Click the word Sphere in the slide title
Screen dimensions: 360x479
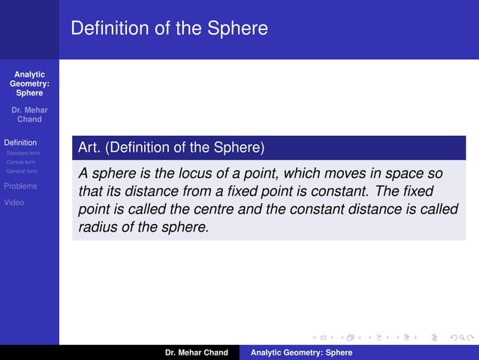(x=238, y=29)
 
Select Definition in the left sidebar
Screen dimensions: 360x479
(x=20, y=142)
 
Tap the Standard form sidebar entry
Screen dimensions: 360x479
(x=23, y=153)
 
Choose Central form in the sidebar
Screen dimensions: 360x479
(x=20, y=162)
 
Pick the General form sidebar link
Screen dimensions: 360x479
(x=21, y=171)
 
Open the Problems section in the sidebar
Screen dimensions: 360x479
(x=21, y=186)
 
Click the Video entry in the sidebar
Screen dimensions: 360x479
(x=14, y=202)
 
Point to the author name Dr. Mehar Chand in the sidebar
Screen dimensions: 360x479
(x=29, y=115)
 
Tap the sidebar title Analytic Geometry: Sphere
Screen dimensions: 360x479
(x=29, y=83)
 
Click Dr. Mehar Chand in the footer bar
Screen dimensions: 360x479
(x=197, y=352)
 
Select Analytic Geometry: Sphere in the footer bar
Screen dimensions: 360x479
(x=301, y=352)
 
